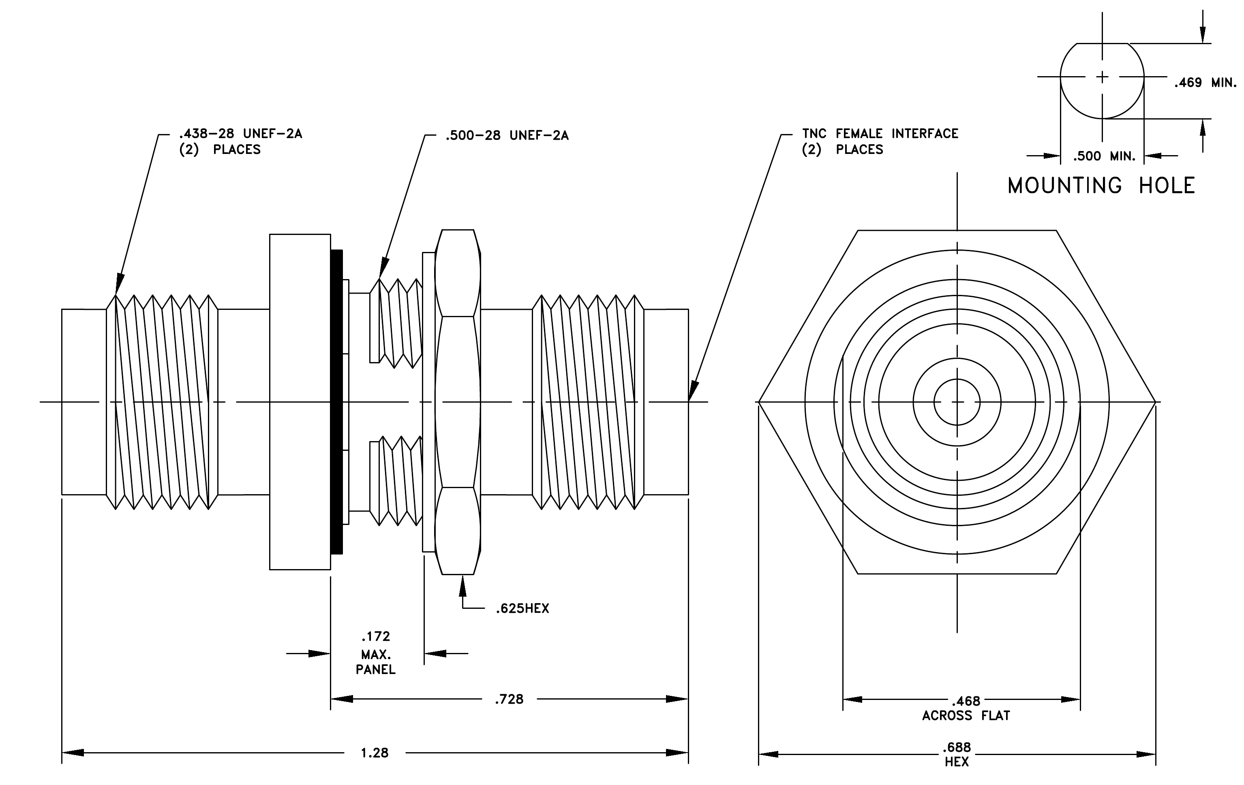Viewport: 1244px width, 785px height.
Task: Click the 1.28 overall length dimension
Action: coord(375,753)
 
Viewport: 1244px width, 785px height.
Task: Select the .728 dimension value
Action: coord(510,699)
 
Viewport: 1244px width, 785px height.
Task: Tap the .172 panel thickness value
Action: coord(376,636)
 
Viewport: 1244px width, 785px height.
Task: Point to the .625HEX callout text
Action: coord(522,608)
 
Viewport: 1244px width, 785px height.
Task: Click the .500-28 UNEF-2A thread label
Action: coord(507,135)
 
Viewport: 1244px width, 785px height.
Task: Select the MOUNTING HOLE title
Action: coord(1101,186)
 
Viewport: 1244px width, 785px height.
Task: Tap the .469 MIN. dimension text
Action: coord(1205,83)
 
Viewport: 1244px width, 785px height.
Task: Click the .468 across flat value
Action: coord(966,701)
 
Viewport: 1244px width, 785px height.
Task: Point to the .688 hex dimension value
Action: coord(957,747)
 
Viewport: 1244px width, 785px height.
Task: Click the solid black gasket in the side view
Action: coord(337,401)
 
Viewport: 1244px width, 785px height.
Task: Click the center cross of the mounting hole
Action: coord(1103,77)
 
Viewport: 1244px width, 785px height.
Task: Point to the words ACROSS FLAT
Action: coord(966,716)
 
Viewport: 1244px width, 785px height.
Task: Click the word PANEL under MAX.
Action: coord(376,670)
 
